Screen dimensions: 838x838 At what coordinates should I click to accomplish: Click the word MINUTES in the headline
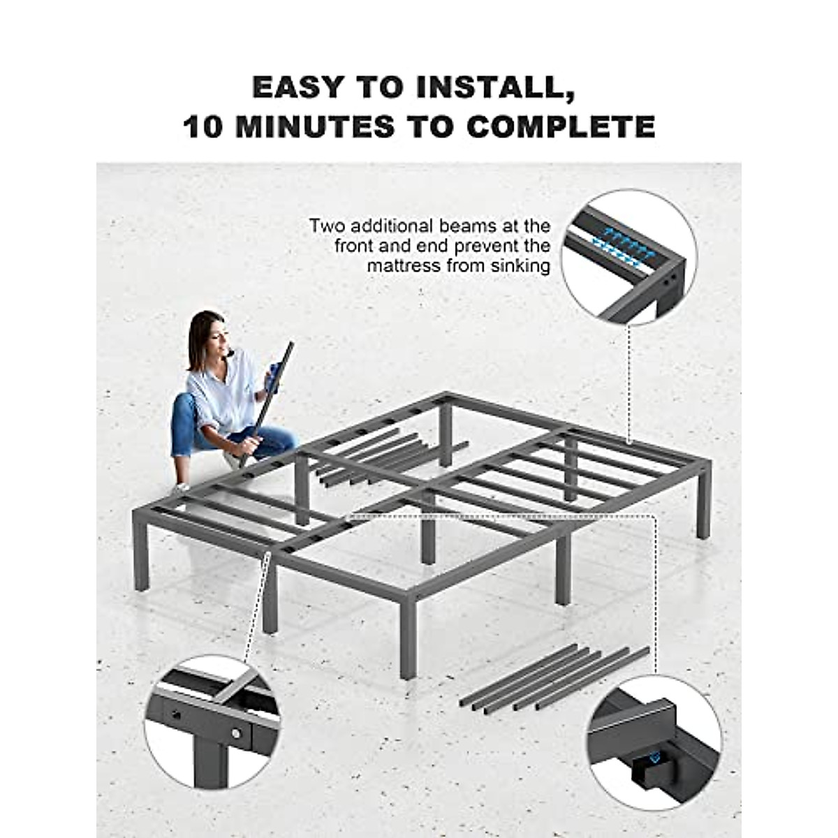tap(316, 126)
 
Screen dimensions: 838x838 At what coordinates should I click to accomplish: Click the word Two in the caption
tap(328, 226)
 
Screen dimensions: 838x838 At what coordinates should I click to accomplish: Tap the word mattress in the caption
tap(403, 265)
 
